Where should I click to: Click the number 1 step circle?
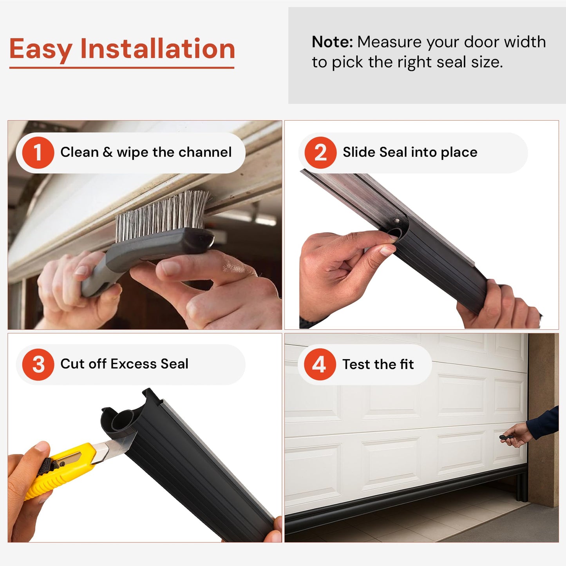38,153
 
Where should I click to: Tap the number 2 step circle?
320,153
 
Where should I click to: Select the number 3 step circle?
38,364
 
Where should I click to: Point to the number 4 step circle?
320,364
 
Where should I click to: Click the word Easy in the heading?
40,50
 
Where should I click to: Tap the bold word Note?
332,42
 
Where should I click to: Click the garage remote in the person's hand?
505,438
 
